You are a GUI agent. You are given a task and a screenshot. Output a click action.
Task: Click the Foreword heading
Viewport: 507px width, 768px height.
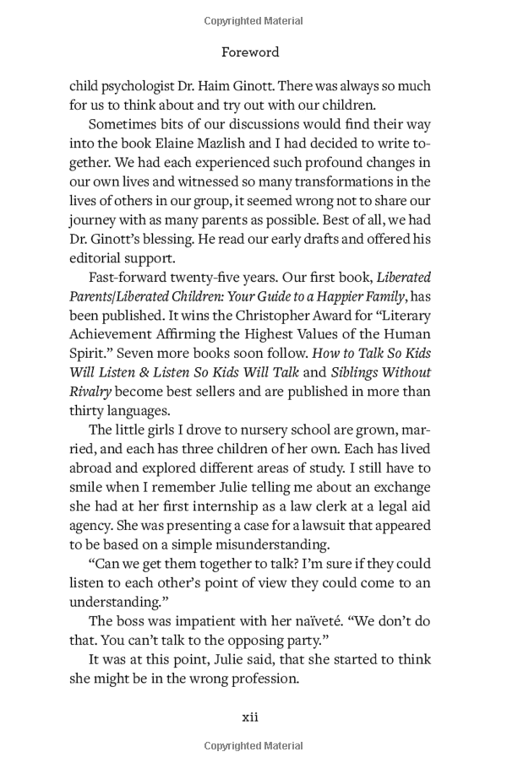click(x=250, y=51)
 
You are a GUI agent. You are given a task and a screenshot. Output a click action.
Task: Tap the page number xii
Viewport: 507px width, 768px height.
click(x=250, y=717)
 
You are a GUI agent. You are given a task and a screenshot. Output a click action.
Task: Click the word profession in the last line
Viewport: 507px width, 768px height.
click(x=258, y=677)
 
